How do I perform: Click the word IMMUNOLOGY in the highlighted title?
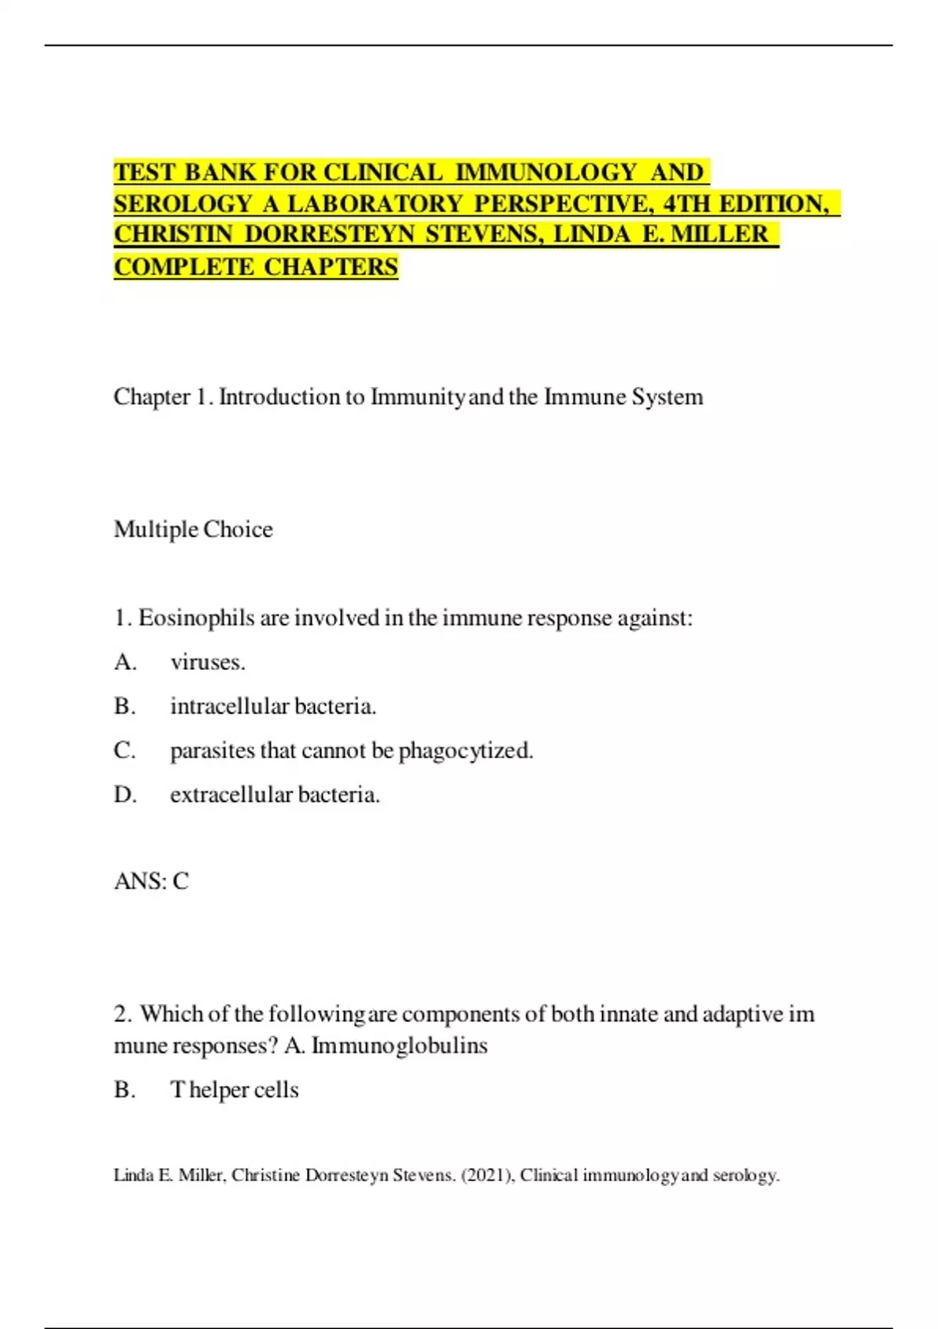546,172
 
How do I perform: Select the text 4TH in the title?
687,204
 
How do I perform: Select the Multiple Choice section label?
193,529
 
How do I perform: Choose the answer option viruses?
207,662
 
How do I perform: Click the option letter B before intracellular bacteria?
124,707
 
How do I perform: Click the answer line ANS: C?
151,882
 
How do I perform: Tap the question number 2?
122,1014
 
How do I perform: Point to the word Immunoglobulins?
399,1046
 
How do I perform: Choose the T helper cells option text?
234,1090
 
